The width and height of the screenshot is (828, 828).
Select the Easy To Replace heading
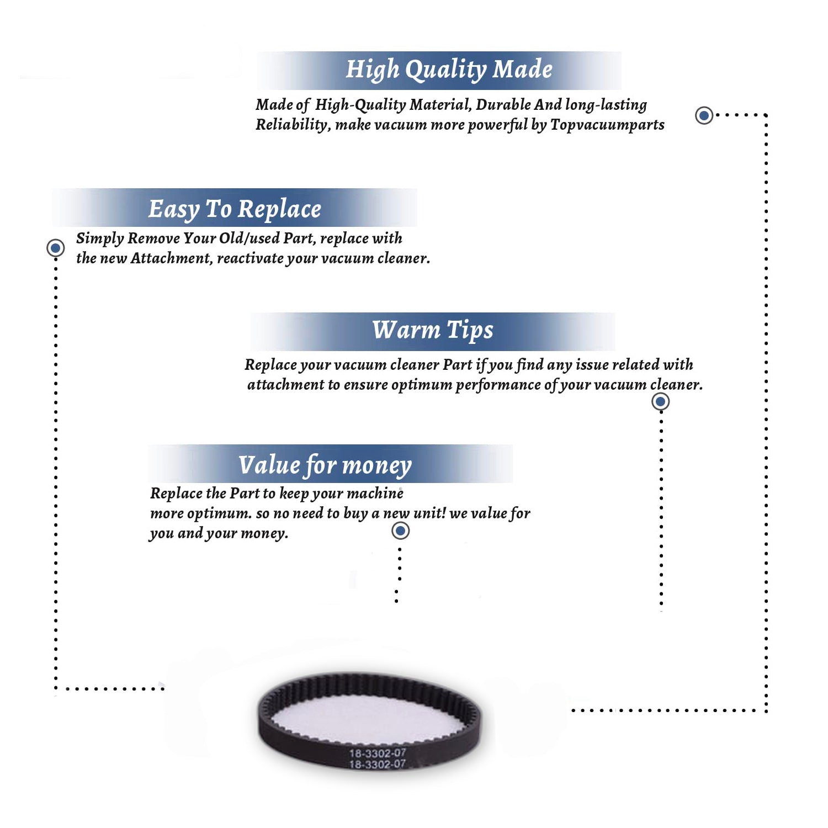pos(235,210)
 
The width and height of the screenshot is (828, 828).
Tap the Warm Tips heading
pos(432,331)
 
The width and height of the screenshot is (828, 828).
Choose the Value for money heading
pos(325,465)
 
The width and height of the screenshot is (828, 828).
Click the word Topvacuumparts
pos(607,125)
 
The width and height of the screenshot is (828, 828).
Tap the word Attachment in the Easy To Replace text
pos(171,258)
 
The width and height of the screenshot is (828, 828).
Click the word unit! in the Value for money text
pos(429,513)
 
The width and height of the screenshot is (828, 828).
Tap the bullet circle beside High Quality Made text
pos(704,115)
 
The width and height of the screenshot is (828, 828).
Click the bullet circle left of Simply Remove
pos(55,248)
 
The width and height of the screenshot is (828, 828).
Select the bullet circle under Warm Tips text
pos(661,401)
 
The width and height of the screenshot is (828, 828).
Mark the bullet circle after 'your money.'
pos(400,531)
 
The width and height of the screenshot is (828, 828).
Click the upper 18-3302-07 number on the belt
pos(378,753)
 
